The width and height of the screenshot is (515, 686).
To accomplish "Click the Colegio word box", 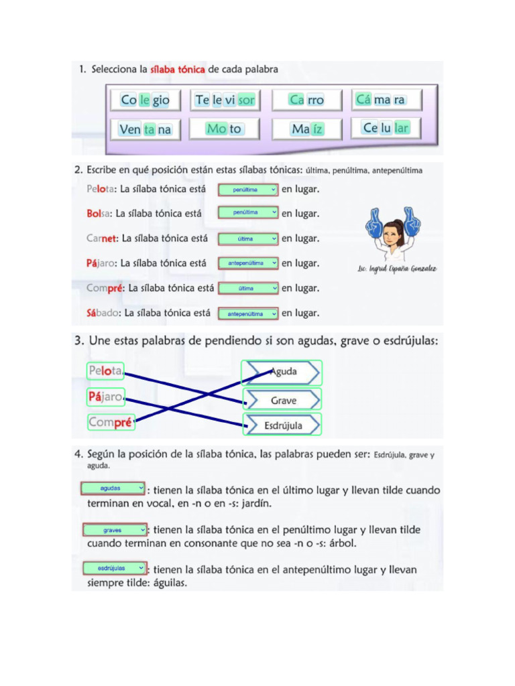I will point(146,100).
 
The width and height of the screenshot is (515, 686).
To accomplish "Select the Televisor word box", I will point(225,100).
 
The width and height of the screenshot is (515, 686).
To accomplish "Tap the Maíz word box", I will point(307,129).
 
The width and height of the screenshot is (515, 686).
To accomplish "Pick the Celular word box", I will point(386,127).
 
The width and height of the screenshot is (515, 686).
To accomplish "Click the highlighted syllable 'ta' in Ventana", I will point(149,129).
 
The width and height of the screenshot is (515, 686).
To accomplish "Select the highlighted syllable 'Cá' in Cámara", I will point(363,100).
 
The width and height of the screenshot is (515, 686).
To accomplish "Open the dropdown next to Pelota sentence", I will point(248,190).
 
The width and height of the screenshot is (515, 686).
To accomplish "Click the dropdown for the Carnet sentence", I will point(248,238).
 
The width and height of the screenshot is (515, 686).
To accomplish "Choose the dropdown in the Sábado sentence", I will point(248,313).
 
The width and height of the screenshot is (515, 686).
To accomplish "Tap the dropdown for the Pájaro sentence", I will point(248,263).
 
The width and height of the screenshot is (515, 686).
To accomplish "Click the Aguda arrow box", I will point(282,372).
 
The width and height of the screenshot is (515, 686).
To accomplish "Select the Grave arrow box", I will point(282,400).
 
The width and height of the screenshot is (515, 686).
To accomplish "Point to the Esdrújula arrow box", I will point(282,425).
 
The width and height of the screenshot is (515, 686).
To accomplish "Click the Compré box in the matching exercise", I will point(111,423).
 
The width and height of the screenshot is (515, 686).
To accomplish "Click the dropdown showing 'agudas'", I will point(113,488).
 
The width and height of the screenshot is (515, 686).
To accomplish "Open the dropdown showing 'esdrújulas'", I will point(115,567).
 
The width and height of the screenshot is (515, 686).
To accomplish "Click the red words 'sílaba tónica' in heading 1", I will point(178,69).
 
